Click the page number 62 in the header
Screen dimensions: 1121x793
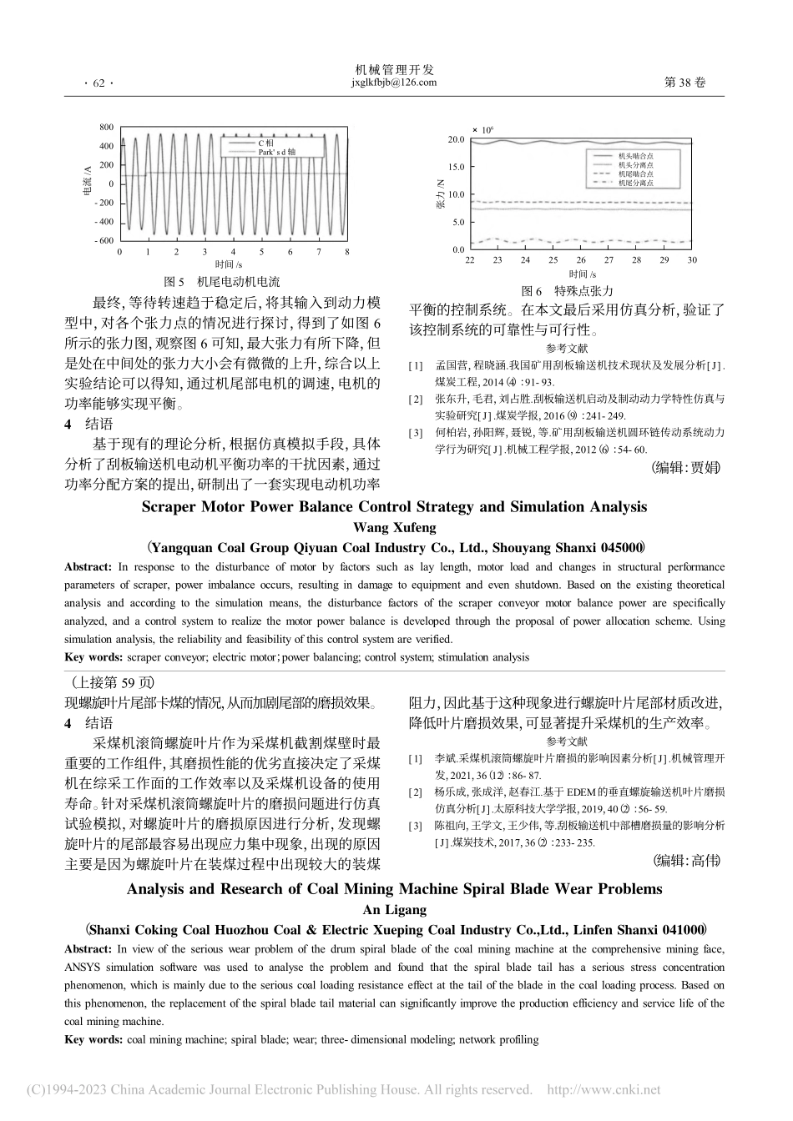[x=98, y=83]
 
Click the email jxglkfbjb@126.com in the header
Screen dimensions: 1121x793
[x=395, y=83]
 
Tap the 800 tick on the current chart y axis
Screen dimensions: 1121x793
[x=106, y=127]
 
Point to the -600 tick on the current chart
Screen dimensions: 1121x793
[x=104, y=241]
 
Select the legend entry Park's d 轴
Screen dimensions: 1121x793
[x=276, y=153]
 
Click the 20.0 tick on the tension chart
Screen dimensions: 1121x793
[x=455, y=139]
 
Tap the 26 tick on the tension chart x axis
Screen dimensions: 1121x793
[x=581, y=261]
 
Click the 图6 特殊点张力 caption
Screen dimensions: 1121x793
[x=567, y=291]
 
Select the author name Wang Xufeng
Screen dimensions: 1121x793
[x=395, y=527]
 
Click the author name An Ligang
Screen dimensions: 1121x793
[x=395, y=910]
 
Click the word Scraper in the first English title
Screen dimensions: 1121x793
[x=168, y=506]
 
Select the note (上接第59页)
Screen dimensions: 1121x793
[x=100, y=681]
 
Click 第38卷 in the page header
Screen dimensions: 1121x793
[x=684, y=83]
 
